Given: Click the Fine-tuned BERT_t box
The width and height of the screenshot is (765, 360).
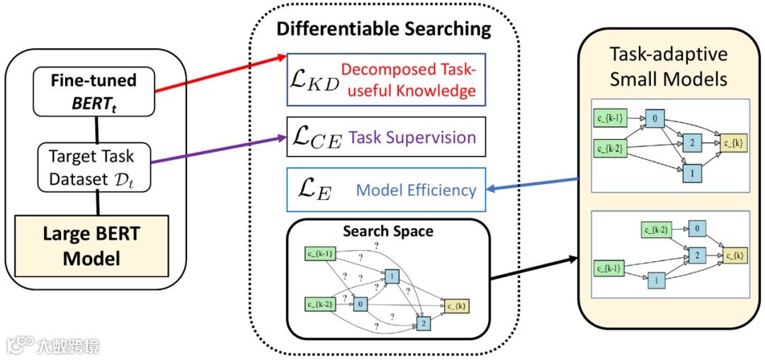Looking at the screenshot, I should click(x=93, y=90).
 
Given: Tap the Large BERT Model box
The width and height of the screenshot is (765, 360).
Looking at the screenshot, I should click(x=93, y=245).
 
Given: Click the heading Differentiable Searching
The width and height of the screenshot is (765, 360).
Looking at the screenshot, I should click(x=383, y=29).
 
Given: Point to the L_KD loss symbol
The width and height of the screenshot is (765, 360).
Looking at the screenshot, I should click(x=313, y=80).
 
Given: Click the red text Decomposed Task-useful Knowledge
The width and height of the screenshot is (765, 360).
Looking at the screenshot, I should click(x=409, y=80).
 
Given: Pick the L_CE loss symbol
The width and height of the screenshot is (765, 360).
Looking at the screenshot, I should click(x=315, y=136).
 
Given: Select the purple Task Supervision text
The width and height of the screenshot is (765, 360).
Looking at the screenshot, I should click(x=412, y=136).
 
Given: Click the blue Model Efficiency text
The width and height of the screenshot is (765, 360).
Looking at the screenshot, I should click(x=416, y=190).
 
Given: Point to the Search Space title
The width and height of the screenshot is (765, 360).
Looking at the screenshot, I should click(x=387, y=231).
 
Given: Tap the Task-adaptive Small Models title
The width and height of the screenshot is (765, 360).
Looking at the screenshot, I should click(x=668, y=67).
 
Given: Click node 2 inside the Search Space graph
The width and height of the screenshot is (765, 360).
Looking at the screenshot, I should click(x=424, y=323).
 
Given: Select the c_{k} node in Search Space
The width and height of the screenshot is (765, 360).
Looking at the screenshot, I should click(x=456, y=305).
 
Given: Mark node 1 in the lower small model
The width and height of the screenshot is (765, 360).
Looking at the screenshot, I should click(x=657, y=281).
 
